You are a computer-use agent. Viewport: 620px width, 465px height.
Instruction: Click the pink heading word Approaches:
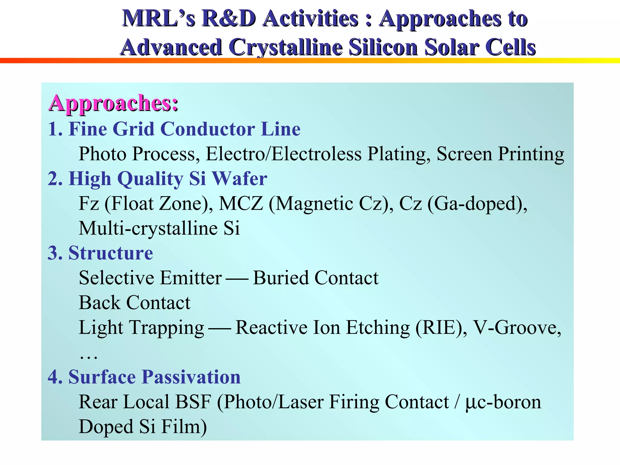pos(113,104)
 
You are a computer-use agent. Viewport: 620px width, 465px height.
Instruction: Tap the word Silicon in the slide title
pos(383,48)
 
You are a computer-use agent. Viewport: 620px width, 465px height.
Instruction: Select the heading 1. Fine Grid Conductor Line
pos(174,129)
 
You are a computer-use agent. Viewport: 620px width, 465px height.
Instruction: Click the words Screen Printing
pos(500,154)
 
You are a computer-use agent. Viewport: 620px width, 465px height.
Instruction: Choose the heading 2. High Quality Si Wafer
pos(157,179)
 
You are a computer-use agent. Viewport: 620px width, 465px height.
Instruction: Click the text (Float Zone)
pos(159,204)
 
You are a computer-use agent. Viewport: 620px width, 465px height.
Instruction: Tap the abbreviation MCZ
pos(241,204)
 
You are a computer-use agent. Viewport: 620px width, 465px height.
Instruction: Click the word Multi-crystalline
pos(148,229)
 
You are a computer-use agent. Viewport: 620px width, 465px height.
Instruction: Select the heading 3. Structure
pos(100,253)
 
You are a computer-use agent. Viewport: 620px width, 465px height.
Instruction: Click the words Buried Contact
pos(315,278)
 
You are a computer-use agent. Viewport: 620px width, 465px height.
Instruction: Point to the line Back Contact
pos(134,303)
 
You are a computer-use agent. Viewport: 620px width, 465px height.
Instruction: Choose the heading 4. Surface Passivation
pos(144,377)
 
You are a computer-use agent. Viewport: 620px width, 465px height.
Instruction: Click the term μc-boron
pos(503,402)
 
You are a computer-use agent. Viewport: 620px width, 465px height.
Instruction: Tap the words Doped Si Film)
pos(143,427)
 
